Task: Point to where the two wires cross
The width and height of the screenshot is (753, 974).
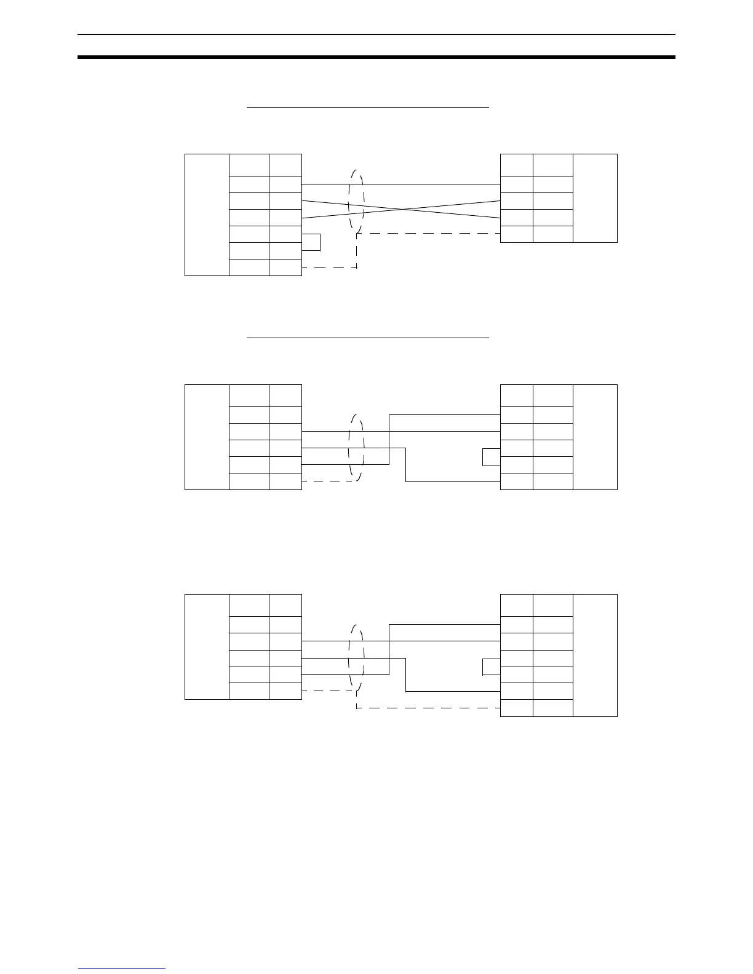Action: tap(403, 209)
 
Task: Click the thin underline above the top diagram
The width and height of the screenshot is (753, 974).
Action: tap(367, 107)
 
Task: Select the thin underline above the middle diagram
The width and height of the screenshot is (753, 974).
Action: tap(367, 338)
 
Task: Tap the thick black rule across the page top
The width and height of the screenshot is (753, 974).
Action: tap(376, 57)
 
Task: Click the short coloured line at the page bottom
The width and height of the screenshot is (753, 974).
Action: tap(122, 968)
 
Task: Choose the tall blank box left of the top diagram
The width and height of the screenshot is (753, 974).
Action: tap(207, 215)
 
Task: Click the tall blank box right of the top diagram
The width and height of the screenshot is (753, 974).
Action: tap(595, 198)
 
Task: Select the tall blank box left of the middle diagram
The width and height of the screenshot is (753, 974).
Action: tap(207, 437)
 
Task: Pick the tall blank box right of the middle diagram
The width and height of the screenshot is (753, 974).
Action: tap(595, 437)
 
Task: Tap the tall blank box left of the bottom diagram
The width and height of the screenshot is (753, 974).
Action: tap(207, 647)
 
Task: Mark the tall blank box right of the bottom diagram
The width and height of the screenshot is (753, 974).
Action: tap(595, 655)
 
